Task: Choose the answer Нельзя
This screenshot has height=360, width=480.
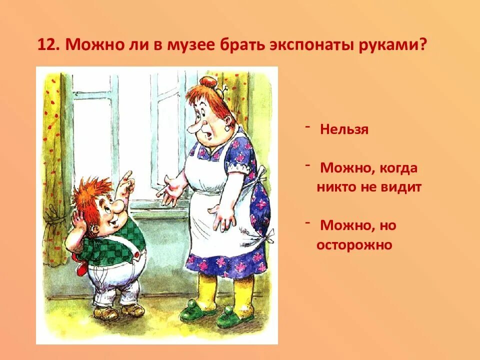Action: [344, 130]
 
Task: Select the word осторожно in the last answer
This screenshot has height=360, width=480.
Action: [354, 245]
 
